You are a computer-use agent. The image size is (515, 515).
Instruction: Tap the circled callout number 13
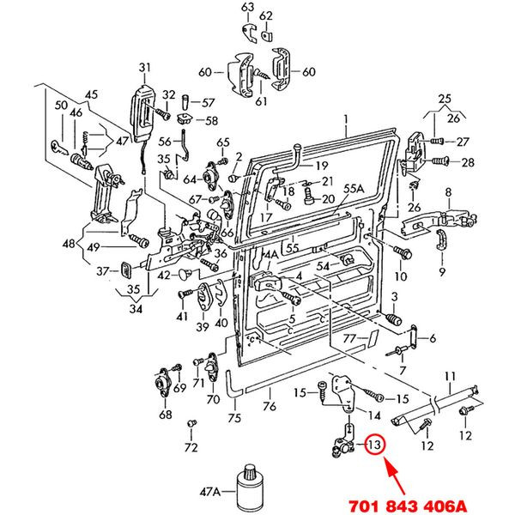tap(374, 445)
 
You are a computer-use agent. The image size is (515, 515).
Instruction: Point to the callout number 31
tap(144, 67)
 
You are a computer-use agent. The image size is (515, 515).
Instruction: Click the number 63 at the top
tap(248, 8)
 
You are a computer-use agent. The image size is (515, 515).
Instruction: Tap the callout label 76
tap(269, 407)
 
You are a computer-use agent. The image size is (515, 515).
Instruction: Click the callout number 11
tap(449, 376)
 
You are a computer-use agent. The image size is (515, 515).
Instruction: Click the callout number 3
tap(396, 297)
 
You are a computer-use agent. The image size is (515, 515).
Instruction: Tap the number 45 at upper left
tap(92, 94)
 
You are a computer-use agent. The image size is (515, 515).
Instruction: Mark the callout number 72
tap(191, 448)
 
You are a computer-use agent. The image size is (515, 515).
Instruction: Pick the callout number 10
tap(401, 277)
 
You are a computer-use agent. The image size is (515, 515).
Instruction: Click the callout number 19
tap(321, 165)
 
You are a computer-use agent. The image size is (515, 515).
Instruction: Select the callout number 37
tap(102, 271)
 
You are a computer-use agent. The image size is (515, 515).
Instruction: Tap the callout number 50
tap(60, 106)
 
